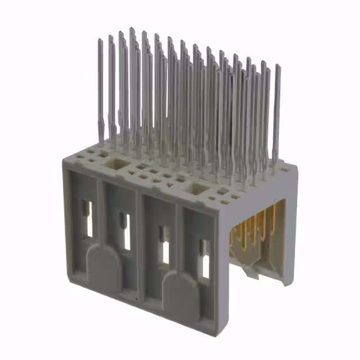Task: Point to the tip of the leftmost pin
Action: pyautogui.click(x=100, y=40)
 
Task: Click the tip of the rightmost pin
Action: pyautogui.click(x=277, y=66)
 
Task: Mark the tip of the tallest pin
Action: pyautogui.click(x=132, y=28)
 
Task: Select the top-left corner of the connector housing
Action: pyautogui.click(x=61, y=161)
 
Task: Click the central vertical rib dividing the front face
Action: pyautogui.click(x=141, y=247)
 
